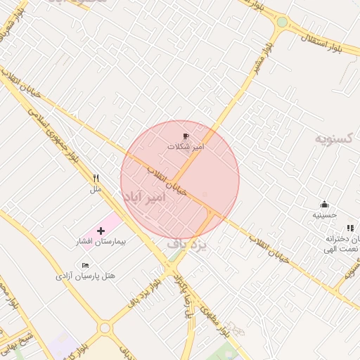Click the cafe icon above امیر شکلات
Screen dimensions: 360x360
click(x=186, y=136)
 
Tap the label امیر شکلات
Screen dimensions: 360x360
click(x=186, y=147)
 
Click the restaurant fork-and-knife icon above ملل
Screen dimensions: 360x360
click(x=96, y=179)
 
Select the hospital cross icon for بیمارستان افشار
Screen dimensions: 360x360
click(x=101, y=231)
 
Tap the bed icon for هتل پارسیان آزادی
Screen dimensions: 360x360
click(x=85, y=265)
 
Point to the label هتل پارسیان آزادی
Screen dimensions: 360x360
click(x=86, y=276)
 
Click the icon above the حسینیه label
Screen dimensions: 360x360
click(x=324, y=204)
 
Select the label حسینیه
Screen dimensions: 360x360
click(x=325, y=215)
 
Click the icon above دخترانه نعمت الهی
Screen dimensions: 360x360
click(x=350, y=228)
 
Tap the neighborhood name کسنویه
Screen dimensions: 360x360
click(x=337, y=138)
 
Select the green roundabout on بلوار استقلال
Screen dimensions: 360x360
click(x=282, y=22)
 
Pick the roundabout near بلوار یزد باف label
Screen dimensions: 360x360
click(x=105, y=328)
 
